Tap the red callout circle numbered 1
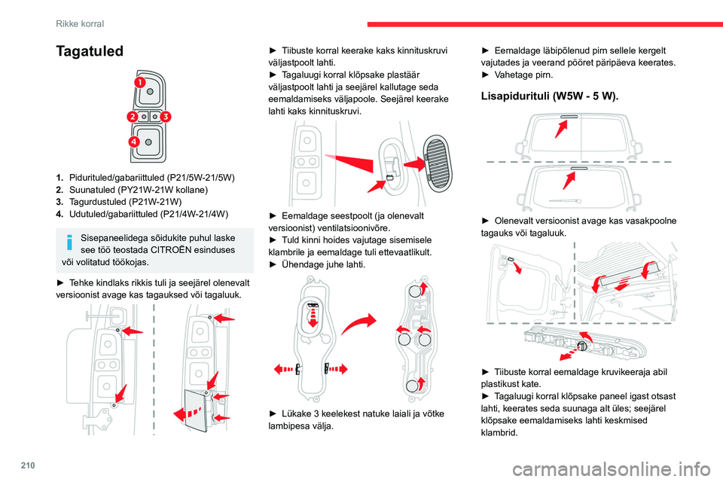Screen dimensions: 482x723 tap(140, 81)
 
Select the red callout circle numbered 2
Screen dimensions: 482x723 tap(132, 117)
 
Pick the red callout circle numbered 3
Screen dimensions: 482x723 tap(166, 117)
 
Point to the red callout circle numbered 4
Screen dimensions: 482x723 tap(133, 142)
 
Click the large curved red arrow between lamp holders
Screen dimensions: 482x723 tap(361, 330)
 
